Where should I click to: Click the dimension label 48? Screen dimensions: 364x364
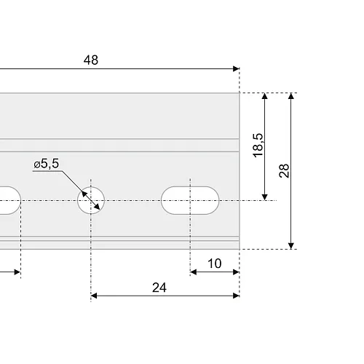[91, 60]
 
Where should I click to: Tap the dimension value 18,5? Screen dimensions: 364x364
[258, 146]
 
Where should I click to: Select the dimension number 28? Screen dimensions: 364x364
[284, 171]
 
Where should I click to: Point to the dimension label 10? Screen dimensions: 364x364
[215, 264]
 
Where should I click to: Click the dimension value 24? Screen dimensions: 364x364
[159, 288]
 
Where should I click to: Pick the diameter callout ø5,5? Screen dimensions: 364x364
[46, 164]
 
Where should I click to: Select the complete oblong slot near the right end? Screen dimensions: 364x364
[190, 200]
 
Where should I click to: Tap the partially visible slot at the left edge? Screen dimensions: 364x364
[10, 200]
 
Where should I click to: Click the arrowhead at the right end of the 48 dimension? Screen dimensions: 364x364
[236, 68]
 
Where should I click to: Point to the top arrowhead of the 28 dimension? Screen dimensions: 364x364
[291, 96]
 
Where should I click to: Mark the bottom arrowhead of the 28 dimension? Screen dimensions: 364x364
[291, 246]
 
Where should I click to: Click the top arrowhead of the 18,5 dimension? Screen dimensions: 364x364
[265, 96]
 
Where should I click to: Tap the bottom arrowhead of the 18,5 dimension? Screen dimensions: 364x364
[265, 197]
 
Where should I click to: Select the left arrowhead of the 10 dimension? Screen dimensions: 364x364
[194, 272]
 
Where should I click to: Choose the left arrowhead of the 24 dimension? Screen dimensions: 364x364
[94, 296]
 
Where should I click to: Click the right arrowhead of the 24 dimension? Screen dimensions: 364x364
[236, 296]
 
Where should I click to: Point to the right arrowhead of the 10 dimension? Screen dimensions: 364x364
[236, 272]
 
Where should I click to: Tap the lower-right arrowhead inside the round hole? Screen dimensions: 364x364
[97, 207]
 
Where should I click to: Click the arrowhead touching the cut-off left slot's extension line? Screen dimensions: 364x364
[17, 272]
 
